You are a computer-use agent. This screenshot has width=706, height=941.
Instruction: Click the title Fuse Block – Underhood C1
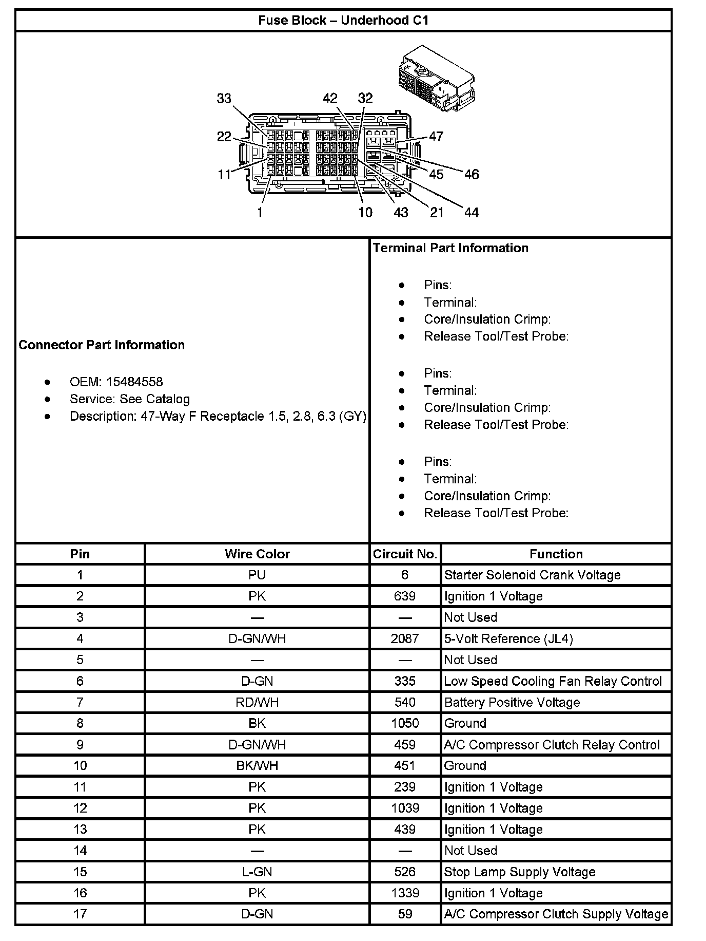(x=343, y=21)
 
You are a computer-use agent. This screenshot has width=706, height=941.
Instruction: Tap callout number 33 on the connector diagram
(x=224, y=98)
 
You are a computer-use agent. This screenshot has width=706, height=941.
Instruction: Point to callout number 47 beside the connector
(x=436, y=136)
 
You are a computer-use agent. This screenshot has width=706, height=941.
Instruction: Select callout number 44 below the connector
(x=471, y=212)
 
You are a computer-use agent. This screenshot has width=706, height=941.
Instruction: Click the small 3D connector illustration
(x=436, y=79)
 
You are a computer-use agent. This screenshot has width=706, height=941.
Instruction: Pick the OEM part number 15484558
(x=134, y=382)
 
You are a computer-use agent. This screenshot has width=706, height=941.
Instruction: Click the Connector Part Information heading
(x=102, y=345)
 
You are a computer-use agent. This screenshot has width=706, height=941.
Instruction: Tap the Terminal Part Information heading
(x=450, y=248)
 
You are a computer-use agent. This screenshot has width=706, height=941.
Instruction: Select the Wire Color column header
(x=257, y=554)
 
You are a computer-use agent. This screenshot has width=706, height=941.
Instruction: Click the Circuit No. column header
(x=405, y=554)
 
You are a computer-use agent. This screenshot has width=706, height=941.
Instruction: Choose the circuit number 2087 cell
(x=405, y=638)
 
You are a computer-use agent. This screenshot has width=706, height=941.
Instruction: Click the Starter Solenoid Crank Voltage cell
(x=532, y=575)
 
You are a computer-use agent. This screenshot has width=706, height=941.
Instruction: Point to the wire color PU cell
(x=257, y=575)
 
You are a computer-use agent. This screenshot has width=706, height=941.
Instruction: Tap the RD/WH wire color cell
(x=257, y=702)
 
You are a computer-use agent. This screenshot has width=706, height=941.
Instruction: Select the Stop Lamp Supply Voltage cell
(x=519, y=872)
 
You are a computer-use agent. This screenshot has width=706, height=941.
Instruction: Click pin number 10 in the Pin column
(x=80, y=765)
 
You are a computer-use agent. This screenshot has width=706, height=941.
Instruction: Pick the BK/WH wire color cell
(x=257, y=765)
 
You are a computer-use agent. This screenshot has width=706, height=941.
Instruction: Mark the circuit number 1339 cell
(x=405, y=893)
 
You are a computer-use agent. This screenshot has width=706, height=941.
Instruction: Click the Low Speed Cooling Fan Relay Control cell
(x=553, y=681)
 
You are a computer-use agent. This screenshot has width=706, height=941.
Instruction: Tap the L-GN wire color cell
(x=257, y=872)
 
